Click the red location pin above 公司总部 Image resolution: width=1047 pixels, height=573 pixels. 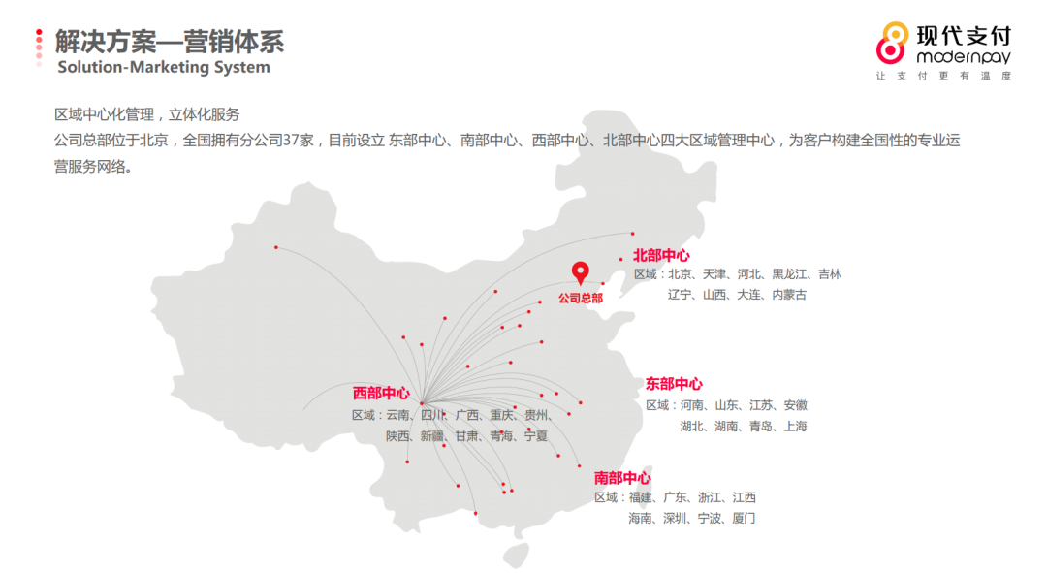tap(580, 272)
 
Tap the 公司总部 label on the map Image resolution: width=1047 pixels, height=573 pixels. tap(580, 298)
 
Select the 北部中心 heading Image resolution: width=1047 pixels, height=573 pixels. tap(661, 255)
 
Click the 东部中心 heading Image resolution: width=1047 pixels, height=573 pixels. tap(674, 384)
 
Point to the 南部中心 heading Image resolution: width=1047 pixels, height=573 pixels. tap(622, 478)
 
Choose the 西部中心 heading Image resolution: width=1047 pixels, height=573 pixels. tap(381, 393)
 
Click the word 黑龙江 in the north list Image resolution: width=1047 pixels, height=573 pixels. tap(788, 274)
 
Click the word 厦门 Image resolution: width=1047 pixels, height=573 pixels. tap(744, 519)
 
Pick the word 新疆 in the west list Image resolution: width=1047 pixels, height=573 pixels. tap(432, 436)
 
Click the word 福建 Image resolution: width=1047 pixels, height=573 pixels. tap(641, 497)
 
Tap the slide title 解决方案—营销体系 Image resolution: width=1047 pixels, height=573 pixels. tap(170, 42)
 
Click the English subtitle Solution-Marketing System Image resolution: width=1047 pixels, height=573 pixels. tap(164, 68)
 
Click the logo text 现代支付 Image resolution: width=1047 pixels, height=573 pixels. tap(964, 37)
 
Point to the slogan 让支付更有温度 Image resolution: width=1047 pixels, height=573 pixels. tap(943, 76)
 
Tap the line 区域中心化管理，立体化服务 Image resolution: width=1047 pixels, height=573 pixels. tap(147, 114)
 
